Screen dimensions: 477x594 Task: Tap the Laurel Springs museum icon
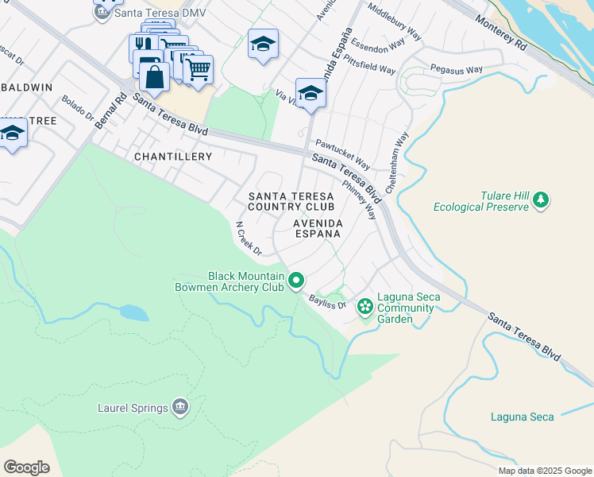(x=180, y=408)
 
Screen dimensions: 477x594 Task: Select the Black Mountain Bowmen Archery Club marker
(x=296, y=280)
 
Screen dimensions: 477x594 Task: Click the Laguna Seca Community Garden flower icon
(x=365, y=306)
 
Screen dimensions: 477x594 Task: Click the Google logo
(x=26, y=467)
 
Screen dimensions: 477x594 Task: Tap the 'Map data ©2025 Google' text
(x=544, y=471)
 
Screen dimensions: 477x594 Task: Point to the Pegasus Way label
(x=456, y=70)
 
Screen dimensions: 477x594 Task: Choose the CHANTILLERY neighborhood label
(x=173, y=157)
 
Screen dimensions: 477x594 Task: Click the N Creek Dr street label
(x=249, y=238)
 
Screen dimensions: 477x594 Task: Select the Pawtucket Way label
(x=343, y=154)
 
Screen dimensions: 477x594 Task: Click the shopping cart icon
(x=198, y=69)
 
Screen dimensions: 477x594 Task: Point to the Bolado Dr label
(x=78, y=108)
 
